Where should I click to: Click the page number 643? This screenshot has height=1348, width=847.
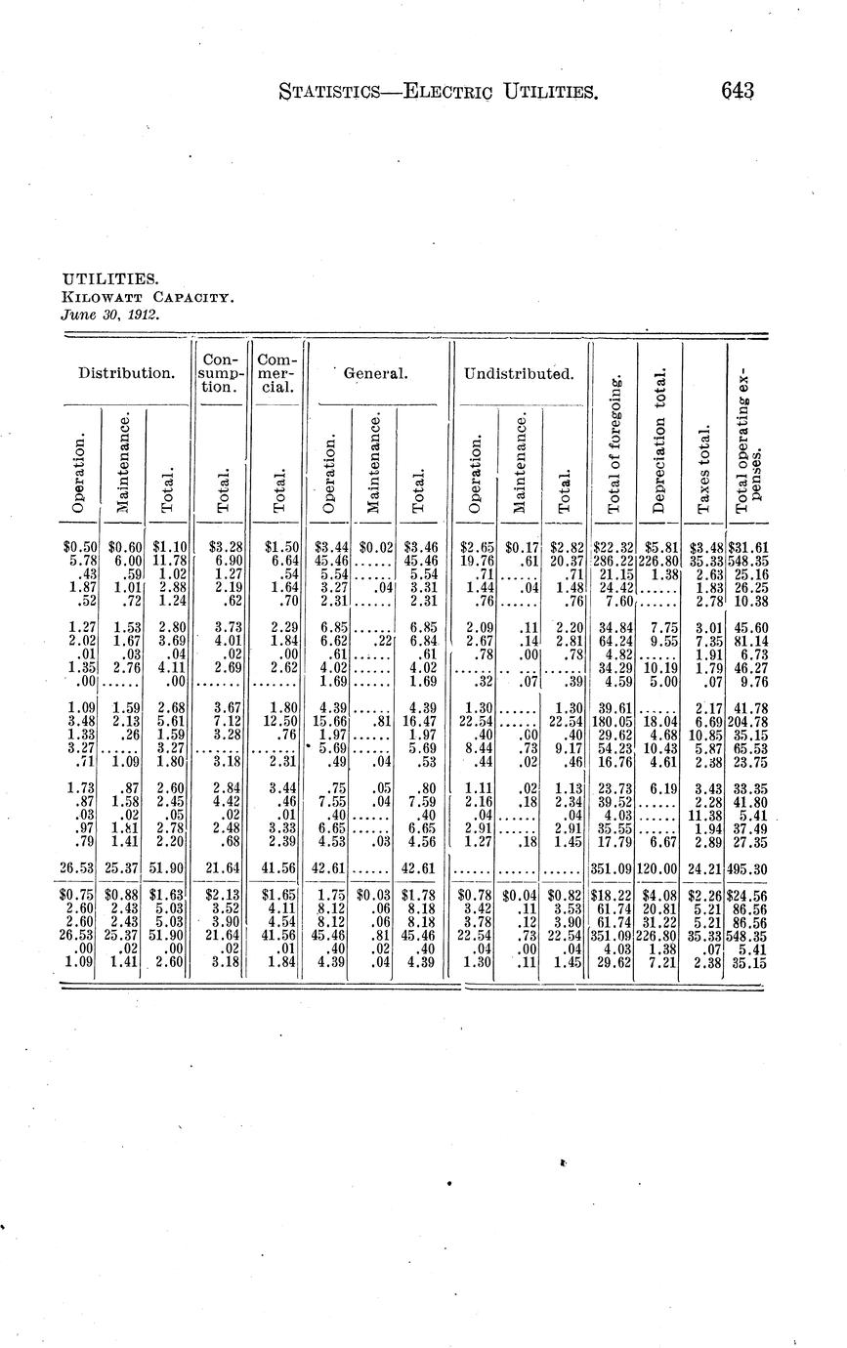[738, 92]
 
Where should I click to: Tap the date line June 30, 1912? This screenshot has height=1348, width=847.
[110, 315]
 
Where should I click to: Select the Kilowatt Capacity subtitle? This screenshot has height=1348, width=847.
[147, 297]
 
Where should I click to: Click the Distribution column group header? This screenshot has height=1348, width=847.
[126, 372]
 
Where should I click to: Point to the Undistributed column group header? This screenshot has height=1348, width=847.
[518, 372]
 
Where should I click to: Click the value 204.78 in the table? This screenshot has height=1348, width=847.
[746, 722]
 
